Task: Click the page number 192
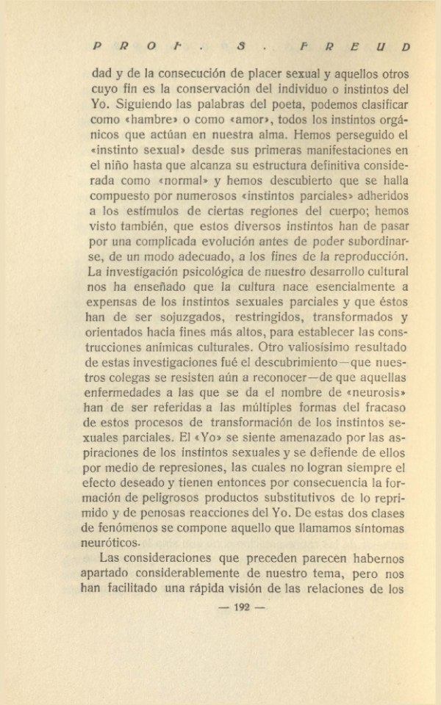[x=243, y=607]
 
